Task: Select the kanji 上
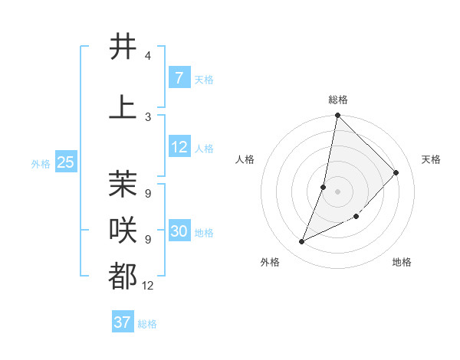click(x=123, y=106)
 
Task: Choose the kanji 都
click(x=123, y=276)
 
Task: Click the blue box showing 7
click(x=179, y=77)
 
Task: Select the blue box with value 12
click(x=179, y=148)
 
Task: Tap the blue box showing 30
click(x=179, y=231)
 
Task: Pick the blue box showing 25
click(x=66, y=162)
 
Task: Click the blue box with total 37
click(x=123, y=322)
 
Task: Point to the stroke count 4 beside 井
click(x=147, y=57)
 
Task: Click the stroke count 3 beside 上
click(x=147, y=117)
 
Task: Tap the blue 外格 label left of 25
click(x=41, y=163)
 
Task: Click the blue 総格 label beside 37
click(x=147, y=324)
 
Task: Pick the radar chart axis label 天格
click(x=431, y=159)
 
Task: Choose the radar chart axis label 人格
click(x=245, y=159)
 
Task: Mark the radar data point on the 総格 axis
click(x=337, y=116)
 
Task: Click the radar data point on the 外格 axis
click(x=302, y=242)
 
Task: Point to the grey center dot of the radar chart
click(x=337, y=191)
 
